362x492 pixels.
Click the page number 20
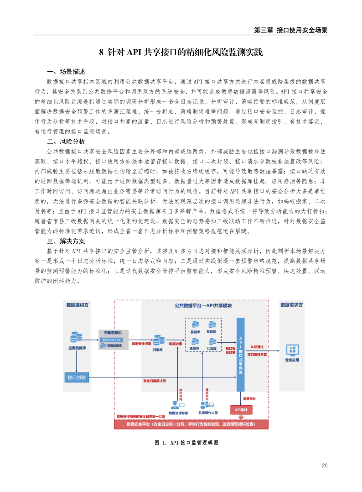coord(325,466)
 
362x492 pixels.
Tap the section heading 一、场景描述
coord(66,72)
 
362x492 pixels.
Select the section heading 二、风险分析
coord(66,141)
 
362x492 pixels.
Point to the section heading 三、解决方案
coord(66,241)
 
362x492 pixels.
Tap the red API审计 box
coord(241,410)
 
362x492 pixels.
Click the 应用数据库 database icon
coord(76,338)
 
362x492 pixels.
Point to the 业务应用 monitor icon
coord(292,350)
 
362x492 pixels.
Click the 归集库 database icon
coord(159,340)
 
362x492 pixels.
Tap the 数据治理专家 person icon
coord(176,404)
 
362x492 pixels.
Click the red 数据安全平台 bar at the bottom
coord(191,424)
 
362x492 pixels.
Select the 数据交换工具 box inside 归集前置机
coord(111,340)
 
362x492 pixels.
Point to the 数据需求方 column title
coord(292,305)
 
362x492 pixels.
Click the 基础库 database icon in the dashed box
coord(196,325)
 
